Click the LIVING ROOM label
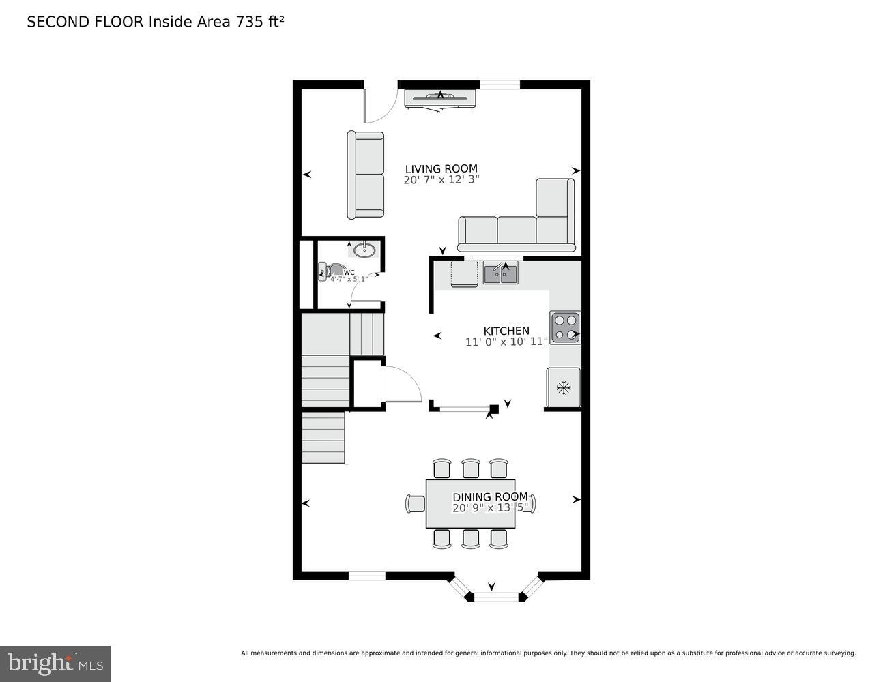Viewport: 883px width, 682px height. tap(441, 169)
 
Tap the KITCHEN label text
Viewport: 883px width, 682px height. tap(506, 331)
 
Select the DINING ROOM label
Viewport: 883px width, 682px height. tap(490, 497)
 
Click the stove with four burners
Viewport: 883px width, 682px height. tap(565, 327)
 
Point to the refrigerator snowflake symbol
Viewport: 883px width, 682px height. tap(563, 388)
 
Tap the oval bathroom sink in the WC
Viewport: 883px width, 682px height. tap(364, 250)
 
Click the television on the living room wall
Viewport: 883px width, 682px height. tap(441, 98)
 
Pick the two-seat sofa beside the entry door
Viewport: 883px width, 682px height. tap(366, 175)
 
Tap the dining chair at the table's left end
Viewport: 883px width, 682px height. tap(415, 503)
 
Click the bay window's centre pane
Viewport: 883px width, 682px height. tap(497, 597)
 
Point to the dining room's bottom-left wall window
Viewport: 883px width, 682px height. tap(367, 576)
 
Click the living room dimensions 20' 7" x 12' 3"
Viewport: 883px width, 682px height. tap(441, 181)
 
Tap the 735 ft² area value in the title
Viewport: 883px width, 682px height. tap(259, 22)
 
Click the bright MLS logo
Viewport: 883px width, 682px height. tap(55, 664)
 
